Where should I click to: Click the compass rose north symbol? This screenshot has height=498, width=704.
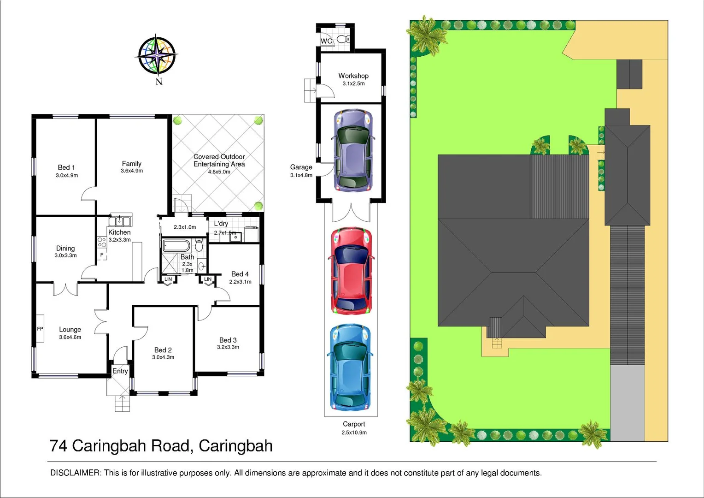point(158,55)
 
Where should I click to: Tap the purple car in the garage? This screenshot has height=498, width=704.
point(353,150)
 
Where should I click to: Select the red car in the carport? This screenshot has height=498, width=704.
point(351,271)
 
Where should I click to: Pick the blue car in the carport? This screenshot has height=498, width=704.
point(350,368)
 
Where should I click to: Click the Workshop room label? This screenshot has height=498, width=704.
point(353,76)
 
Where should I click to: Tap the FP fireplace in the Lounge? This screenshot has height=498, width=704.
point(40,329)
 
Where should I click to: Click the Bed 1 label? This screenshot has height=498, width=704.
point(66,167)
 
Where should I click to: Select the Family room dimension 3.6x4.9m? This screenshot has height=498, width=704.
point(132,171)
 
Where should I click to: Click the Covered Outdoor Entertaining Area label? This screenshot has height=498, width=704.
point(219,160)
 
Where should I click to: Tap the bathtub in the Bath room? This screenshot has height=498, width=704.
point(176,245)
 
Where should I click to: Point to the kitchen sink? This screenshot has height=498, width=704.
point(119,221)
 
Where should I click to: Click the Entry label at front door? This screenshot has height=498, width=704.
point(120,371)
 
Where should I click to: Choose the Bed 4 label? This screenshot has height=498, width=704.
point(240,274)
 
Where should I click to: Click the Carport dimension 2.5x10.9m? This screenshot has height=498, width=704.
point(354,433)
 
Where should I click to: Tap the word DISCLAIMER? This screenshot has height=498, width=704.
point(75,473)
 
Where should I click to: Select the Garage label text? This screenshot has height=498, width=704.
point(301,167)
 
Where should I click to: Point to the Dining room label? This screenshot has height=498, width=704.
point(65,248)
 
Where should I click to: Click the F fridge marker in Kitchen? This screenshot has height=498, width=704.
point(102,255)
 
